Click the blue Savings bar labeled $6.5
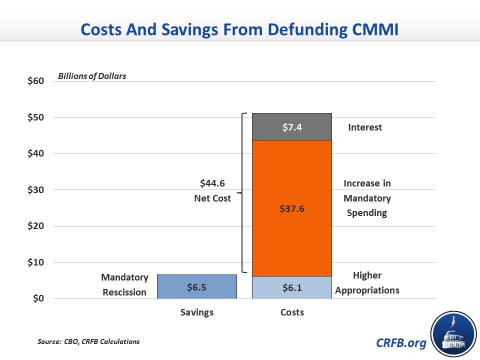pos(196,286)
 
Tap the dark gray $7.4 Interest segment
pos(292,127)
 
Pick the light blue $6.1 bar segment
pos(292,287)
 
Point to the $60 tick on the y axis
pos(35,81)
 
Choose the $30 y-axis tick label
pos(35,190)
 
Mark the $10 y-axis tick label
pos(35,262)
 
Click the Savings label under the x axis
pos(196,312)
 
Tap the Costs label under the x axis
pos(292,312)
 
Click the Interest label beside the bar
pos(364,127)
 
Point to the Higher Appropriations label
pos(367,282)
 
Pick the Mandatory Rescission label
pos(124,284)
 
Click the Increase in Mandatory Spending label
pos(367,198)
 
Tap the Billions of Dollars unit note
pos(92,76)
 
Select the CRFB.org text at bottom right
pos(401,343)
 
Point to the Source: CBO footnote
pos(88,341)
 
